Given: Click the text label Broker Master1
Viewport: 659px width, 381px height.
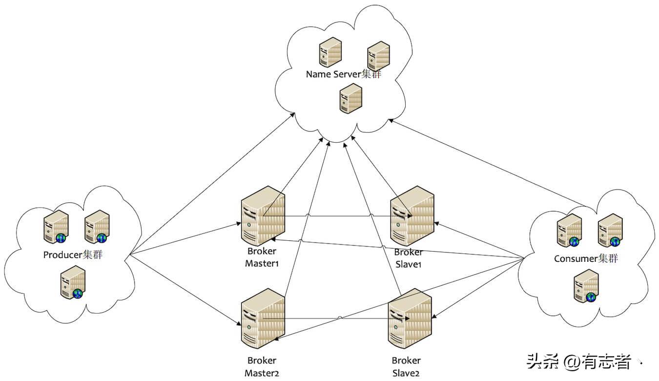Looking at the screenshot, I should pyautogui.click(x=262, y=257).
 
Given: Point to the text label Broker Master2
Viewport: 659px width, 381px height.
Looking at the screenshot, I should pyautogui.click(x=262, y=367).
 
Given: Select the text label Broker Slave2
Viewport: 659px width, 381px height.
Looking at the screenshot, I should pyautogui.click(x=406, y=367).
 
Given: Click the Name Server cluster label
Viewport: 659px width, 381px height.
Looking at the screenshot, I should pyautogui.click(x=343, y=74).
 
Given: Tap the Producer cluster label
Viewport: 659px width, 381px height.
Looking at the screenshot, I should pyautogui.click(x=73, y=255).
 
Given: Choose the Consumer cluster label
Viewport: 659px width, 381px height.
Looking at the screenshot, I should pyautogui.click(x=586, y=258).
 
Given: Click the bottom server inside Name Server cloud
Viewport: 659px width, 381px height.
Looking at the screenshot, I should pyautogui.click(x=350, y=96).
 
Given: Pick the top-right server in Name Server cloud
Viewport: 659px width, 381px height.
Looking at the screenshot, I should pyautogui.click(x=378, y=55).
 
